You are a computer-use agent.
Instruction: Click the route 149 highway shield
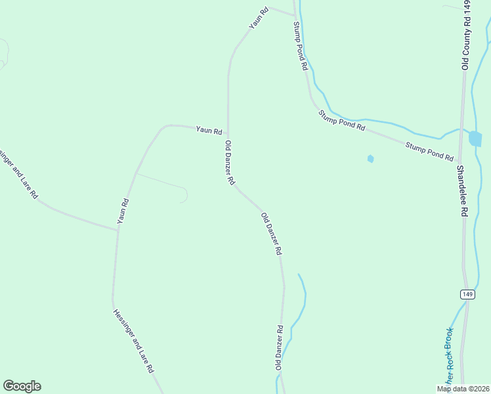click(x=467, y=294)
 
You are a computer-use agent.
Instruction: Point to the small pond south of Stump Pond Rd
click(x=371, y=158)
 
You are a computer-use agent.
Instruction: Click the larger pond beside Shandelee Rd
click(x=475, y=139)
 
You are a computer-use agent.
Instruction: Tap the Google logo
click(x=22, y=386)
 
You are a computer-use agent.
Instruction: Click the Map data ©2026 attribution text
click(x=462, y=389)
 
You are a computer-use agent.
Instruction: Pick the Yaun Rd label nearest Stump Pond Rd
click(x=259, y=18)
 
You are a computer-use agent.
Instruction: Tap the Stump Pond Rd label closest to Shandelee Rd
click(x=429, y=152)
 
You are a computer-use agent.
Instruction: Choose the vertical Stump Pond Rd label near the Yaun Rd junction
click(x=301, y=47)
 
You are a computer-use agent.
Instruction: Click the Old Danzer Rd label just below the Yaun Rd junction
click(x=230, y=162)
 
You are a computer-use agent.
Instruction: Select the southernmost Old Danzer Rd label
click(x=279, y=347)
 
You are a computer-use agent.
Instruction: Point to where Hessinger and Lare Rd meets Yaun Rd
click(x=117, y=229)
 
